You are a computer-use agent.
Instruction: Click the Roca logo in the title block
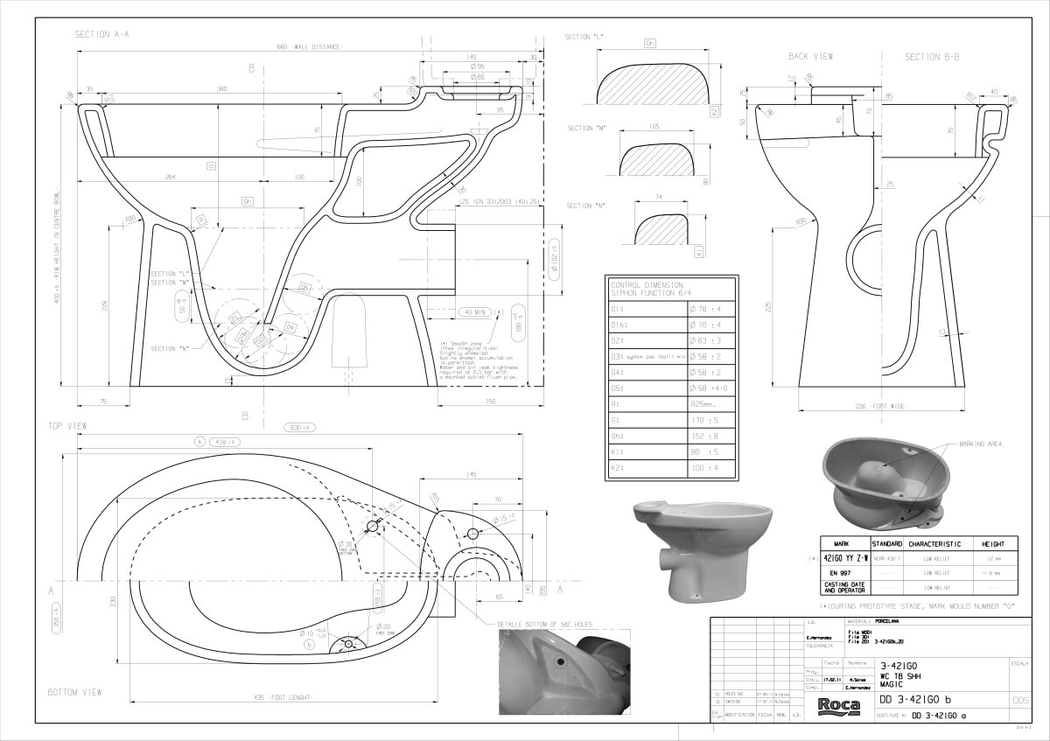pos(838,706)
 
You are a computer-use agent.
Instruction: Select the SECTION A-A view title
pos(102,34)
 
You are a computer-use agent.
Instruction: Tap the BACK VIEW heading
pos(810,57)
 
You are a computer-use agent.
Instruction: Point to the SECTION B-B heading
pos(932,57)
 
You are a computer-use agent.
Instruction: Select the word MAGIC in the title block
pos(892,683)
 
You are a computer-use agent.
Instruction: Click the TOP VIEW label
pos(67,425)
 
